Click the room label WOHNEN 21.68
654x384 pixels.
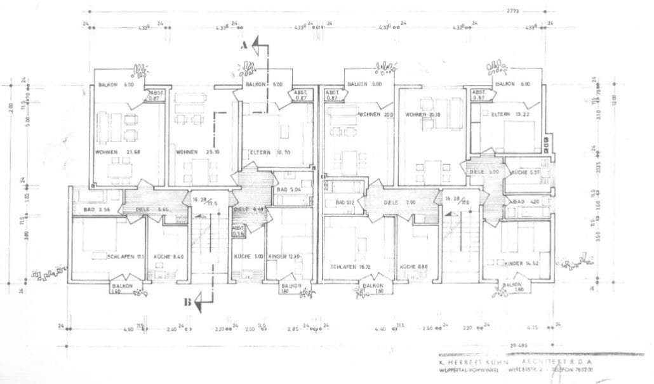118,152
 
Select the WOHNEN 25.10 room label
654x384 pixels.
197,152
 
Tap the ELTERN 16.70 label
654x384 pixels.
269,152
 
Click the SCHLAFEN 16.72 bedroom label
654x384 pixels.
351,267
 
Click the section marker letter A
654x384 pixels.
243,46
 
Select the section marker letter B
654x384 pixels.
188,302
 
